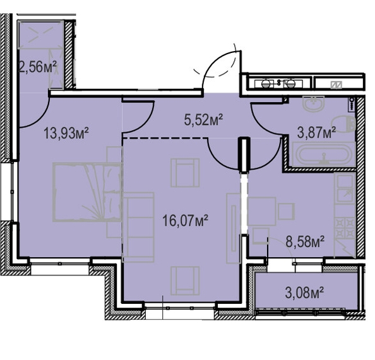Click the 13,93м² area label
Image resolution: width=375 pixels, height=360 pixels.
(x=66, y=133)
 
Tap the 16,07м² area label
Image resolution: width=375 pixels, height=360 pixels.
(x=185, y=221)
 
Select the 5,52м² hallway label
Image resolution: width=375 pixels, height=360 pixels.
(x=203, y=119)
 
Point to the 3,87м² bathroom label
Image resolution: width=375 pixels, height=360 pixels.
(x=317, y=132)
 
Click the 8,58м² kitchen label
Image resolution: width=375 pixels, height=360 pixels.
(x=305, y=241)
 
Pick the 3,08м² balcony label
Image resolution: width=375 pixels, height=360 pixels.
(x=304, y=293)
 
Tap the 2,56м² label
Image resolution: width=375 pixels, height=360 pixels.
(x=38, y=67)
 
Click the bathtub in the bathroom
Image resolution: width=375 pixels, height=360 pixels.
(x=323, y=154)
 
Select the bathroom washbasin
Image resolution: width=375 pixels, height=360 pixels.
(x=314, y=103)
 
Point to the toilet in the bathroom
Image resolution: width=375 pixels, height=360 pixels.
(x=343, y=124)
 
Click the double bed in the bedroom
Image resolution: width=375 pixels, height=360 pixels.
(x=87, y=192)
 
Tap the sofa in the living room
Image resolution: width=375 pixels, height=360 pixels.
(x=138, y=227)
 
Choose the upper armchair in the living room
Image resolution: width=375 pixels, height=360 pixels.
(x=185, y=173)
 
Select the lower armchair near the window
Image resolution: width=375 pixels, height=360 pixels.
(x=185, y=281)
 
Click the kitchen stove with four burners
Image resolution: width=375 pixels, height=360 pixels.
(x=345, y=228)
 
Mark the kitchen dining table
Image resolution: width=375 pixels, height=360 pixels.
(x=261, y=211)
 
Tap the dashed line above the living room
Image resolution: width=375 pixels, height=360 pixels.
(x=165, y=138)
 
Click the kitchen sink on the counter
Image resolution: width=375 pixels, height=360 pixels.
(x=345, y=189)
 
